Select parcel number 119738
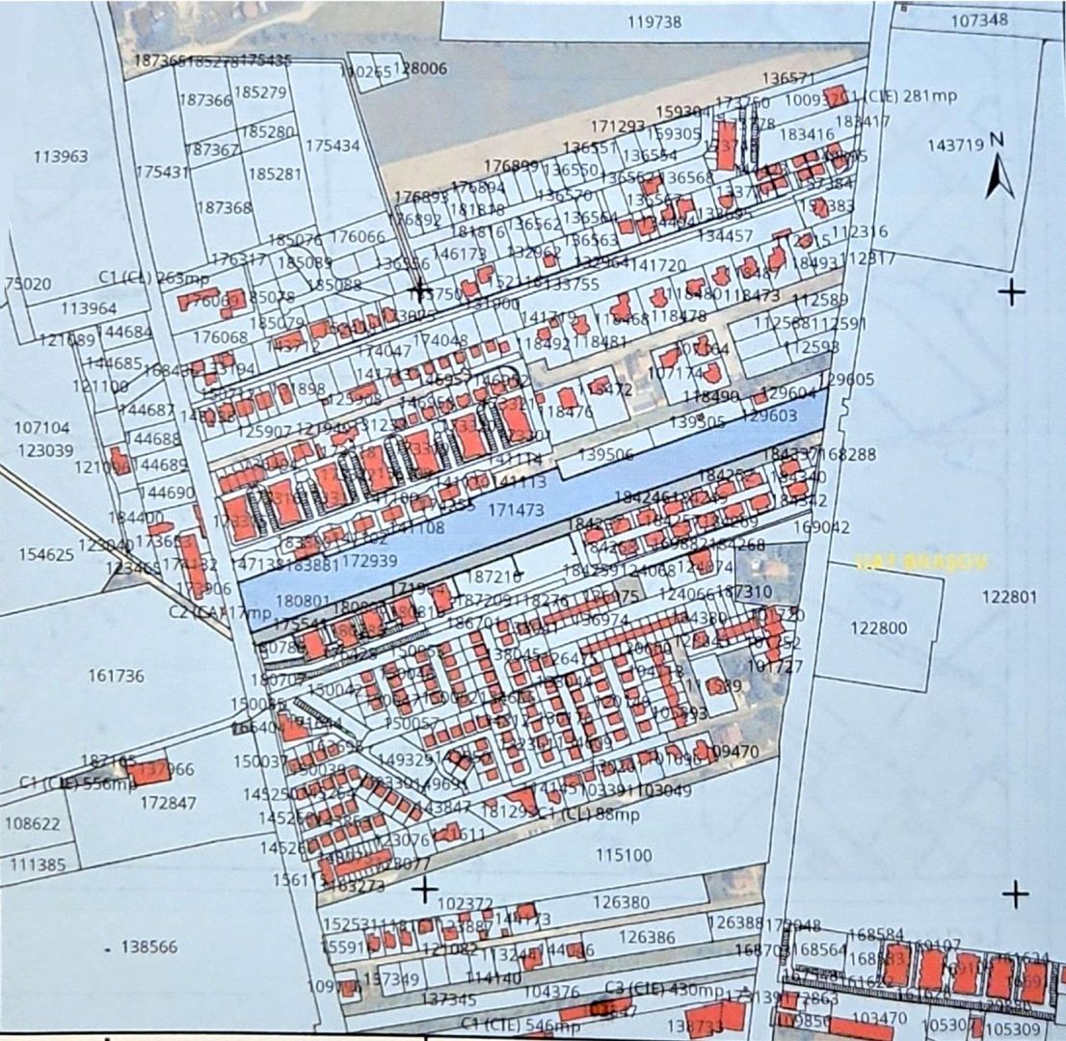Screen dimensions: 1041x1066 [654, 21]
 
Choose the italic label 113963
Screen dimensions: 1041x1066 [61, 156]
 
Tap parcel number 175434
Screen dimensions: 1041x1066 [332, 146]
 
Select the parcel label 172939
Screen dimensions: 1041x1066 [370, 560]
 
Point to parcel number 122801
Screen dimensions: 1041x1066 [1010, 597]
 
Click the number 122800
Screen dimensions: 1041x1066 [879, 627]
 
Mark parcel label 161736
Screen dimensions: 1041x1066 [116, 676]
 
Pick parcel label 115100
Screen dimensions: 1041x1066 [624, 855]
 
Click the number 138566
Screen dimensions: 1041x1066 [148, 947]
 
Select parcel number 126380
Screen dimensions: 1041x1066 [621, 902]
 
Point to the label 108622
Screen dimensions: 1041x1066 [33, 824]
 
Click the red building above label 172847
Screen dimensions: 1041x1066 [147, 770]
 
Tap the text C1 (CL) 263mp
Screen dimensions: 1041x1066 [141, 277]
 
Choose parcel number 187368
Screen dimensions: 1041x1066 [224, 206]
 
